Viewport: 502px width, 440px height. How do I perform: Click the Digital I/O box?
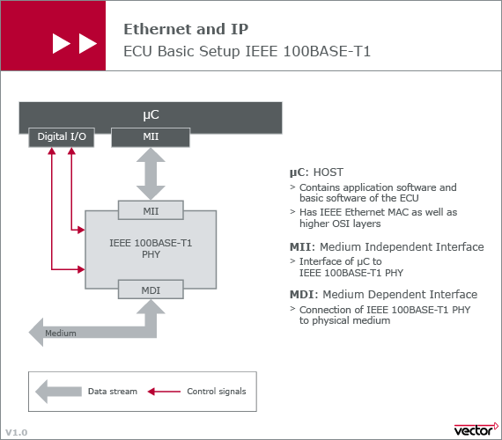pyautogui.click(x=62, y=137)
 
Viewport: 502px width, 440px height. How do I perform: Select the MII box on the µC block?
pyautogui.click(x=151, y=137)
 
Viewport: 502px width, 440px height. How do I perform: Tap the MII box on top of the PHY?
pyautogui.click(x=151, y=210)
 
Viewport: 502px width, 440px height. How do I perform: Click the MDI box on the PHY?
pyautogui.click(x=151, y=290)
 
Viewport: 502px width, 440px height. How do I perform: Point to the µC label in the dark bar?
pyautogui.click(x=151, y=115)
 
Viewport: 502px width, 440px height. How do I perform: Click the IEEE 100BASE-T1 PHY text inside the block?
pyautogui.click(x=151, y=249)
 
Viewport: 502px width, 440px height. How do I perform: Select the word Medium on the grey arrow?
pyautogui.click(x=61, y=334)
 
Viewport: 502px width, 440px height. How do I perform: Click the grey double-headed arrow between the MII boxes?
pyautogui.click(x=151, y=173)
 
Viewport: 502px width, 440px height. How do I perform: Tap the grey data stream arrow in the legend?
pyautogui.click(x=58, y=392)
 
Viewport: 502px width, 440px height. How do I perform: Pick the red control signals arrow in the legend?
pyautogui.click(x=164, y=392)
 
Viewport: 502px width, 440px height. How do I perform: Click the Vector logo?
pyautogui.click(x=476, y=429)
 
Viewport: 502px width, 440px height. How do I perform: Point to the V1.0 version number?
pyautogui.click(x=17, y=433)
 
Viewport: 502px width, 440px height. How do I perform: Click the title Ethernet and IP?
pyautogui.click(x=186, y=29)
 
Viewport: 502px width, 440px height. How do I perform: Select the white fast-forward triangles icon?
pyautogui.click(x=75, y=43)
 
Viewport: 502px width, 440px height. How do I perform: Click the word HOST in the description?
pyautogui.click(x=329, y=172)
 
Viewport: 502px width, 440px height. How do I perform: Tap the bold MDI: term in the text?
pyautogui.click(x=304, y=295)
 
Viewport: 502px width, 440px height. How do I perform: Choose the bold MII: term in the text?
pyautogui.click(x=303, y=247)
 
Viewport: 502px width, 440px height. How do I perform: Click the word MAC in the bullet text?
pyautogui.click(x=402, y=212)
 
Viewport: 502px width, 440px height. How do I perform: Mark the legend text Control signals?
pyautogui.click(x=217, y=392)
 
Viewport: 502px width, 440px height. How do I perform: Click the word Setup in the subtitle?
pyautogui.click(x=219, y=51)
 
